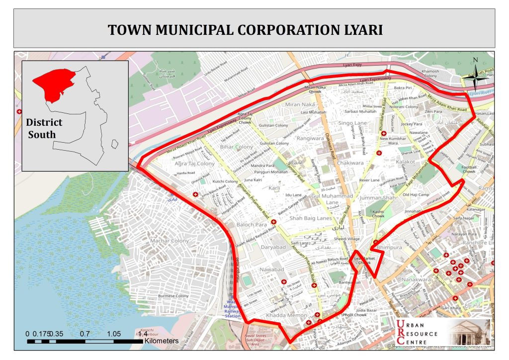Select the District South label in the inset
[44, 128]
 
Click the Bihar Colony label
[237, 147]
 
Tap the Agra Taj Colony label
[194, 163]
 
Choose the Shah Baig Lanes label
[310, 218]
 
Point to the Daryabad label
[273, 247]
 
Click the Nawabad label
[271, 269]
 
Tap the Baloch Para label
[252, 225]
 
